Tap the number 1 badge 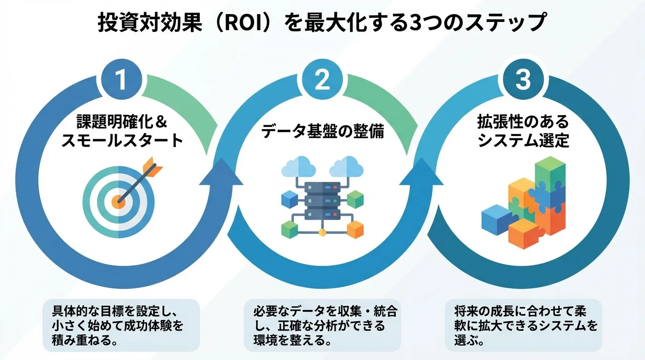coord(121,80)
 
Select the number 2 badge coord(322,80)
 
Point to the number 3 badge coord(523,80)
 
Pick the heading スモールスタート coord(122,140)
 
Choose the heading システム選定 coord(523,140)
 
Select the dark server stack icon coord(322,200)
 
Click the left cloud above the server coord(298,166)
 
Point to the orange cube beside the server coord(355,229)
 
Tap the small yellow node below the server coord(322,232)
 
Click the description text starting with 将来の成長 coord(523,325)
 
